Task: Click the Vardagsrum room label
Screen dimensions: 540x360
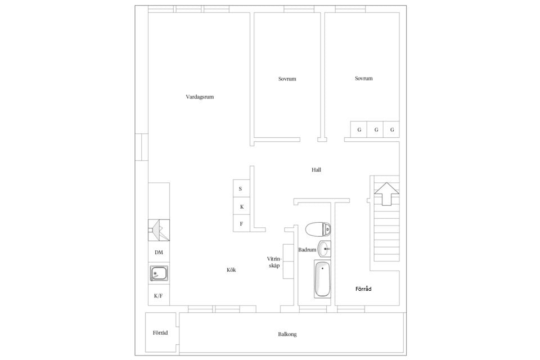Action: (200, 97)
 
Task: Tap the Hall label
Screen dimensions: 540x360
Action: (316, 169)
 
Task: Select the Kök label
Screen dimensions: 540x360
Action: (231, 270)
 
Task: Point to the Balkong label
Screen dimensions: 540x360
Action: (287, 334)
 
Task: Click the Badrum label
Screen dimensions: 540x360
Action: (307, 250)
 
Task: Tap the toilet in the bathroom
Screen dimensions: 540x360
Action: (318, 229)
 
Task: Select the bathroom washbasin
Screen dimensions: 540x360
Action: (324, 249)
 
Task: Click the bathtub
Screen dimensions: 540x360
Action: (322, 279)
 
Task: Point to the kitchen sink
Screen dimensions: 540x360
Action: (159, 273)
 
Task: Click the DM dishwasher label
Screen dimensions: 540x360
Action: (159, 253)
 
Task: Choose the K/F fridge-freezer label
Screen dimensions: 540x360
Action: (159, 295)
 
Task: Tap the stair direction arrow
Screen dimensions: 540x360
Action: (387, 193)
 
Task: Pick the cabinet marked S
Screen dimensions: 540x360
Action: (241, 188)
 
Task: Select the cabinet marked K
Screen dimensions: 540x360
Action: (241, 206)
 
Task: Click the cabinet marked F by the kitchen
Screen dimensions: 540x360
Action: (241, 223)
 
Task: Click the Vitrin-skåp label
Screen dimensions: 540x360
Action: (274, 262)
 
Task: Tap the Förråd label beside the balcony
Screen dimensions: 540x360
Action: (160, 333)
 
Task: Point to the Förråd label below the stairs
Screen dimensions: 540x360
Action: (363, 289)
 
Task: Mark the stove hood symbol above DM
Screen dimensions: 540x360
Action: (159, 230)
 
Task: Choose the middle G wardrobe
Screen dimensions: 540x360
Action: (375, 129)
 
